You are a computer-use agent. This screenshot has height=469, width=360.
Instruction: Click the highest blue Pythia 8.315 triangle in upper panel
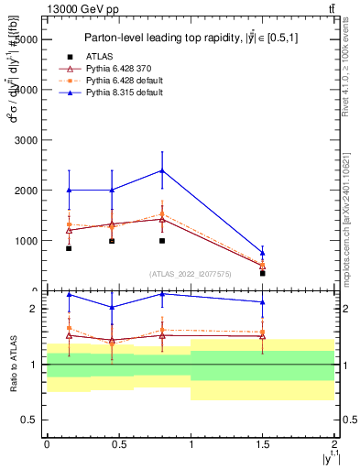point(162,170)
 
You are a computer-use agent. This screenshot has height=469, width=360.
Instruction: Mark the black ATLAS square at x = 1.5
point(262,273)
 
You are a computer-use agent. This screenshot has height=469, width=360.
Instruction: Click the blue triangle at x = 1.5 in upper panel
point(262,253)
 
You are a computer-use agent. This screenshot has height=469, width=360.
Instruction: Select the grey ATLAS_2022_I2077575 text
point(191,274)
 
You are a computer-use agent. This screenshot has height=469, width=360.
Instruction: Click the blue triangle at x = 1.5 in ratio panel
point(262,301)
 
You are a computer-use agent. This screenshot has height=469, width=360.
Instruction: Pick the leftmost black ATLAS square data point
point(69,248)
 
